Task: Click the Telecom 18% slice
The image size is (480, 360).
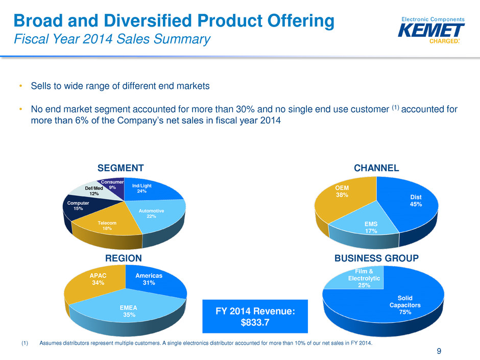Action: pyautogui.click(x=108, y=225)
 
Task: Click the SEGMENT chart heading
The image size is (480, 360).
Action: pyautogui.click(x=121, y=168)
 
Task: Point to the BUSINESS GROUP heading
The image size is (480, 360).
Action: pyautogui.click(x=376, y=259)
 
